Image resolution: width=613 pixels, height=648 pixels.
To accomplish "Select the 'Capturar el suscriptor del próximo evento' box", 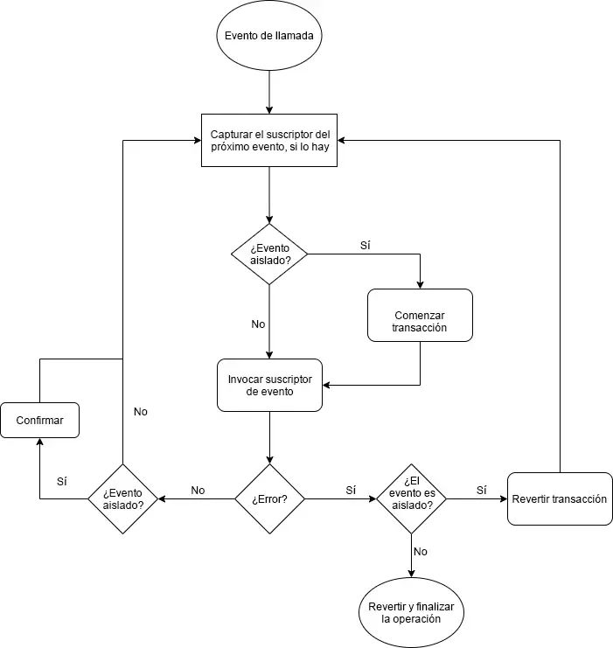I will (269, 140).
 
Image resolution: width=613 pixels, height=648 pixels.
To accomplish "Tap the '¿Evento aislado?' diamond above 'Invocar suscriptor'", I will (269, 254).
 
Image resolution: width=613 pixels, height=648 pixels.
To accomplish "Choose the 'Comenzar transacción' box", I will (420, 315).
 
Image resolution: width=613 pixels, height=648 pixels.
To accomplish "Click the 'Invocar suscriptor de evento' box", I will (269, 386).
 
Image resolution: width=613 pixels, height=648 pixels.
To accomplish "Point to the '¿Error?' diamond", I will (269, 499).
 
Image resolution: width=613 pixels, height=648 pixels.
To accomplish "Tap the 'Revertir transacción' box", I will (560, 499).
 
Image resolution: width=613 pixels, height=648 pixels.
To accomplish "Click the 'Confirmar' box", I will (39, 420).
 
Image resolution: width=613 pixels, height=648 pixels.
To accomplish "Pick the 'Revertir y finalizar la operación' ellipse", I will (410, 611).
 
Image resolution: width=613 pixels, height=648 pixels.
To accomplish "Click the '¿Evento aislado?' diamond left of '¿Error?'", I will (123, 498).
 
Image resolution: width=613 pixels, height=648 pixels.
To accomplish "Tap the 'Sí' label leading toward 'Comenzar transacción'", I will (366, 245).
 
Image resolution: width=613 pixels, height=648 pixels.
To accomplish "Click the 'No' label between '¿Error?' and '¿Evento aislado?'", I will (198, 490).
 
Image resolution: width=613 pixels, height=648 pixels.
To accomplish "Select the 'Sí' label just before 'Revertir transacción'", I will (481, 490).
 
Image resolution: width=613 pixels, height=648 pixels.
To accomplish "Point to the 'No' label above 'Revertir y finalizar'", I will (421, 552).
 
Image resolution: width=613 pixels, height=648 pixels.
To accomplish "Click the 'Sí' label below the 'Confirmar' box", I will (62, 481).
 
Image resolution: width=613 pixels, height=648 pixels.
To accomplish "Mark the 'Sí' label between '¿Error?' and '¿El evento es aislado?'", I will (351, 490).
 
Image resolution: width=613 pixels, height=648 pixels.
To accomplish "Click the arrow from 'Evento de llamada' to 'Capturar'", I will (269, 93).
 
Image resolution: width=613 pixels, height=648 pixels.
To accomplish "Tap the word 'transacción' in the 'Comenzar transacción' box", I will (420, 328).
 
